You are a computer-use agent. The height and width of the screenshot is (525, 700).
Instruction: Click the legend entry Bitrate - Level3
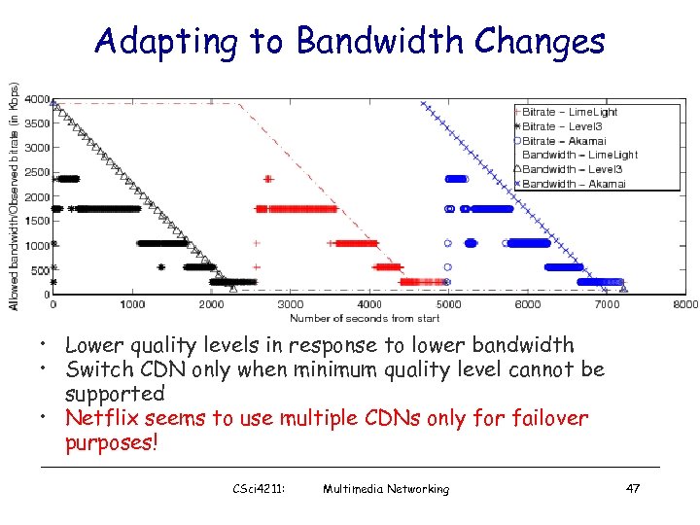pyautogui.click(x=568, y=126)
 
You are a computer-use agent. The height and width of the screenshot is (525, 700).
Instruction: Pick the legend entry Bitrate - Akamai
pyautogui.click(x=569, y=140)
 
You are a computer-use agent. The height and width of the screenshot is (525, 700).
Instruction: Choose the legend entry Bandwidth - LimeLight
pyautogui.click(x=580, y=155)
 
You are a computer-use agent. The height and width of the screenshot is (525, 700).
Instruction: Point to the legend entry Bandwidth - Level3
pyautogui.click(x=572, y=169)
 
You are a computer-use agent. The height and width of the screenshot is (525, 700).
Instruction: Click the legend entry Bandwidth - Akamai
pyautogui.click(x=574, y=183)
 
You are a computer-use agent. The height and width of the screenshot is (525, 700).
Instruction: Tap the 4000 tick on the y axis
pyautogui.click(x=38, y=99)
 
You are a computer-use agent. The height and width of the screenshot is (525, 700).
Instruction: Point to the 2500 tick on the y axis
pyautogui.click(x=38, y=172)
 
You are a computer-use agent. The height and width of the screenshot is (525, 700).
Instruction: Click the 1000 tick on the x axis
pyautogui.click(x=132, y=304)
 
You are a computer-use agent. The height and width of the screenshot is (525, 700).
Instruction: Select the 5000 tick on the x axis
pyautogui.click(x=448, y=304)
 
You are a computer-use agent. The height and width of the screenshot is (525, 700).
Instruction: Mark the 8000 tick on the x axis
pyautogui.click(x=684, y=304)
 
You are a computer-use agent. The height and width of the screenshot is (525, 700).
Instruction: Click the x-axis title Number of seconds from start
pyautogui.click(x=365, y=318)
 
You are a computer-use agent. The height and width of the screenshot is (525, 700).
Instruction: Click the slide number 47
pyautogui.click(x=632, y=488)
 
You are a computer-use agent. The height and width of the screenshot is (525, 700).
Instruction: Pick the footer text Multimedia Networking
pyautogui.click(x=386, y=488)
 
